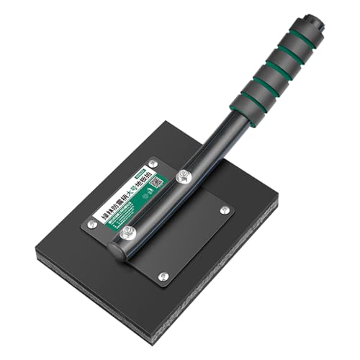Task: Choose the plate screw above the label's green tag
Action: click(x=153, y=163)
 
